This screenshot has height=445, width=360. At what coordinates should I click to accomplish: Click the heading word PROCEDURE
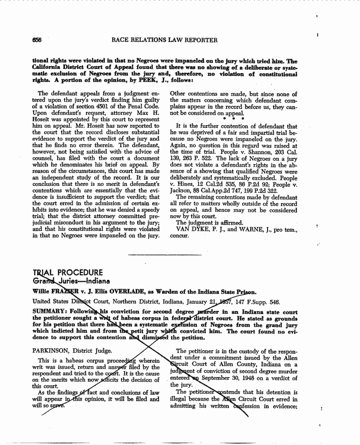80,273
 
